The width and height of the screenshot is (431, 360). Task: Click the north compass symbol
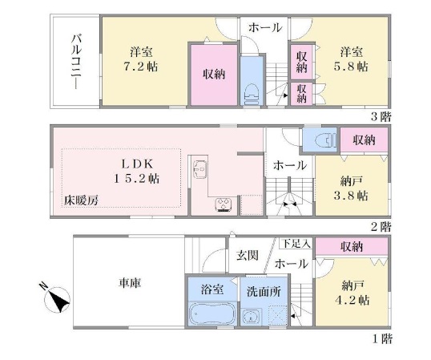[58, 298]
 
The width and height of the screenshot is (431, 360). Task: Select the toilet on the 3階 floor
[252, 94]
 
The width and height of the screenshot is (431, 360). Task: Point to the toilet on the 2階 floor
[326, 140]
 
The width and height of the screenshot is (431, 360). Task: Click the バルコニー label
[76, 62]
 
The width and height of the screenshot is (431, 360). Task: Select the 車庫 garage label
[130, 283]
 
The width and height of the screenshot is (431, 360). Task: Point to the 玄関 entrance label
[248, 256]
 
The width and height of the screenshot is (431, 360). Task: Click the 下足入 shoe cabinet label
[296, 244]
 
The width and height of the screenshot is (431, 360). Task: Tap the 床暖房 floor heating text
[81, 200]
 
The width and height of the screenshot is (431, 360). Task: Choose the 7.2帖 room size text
[141, 67]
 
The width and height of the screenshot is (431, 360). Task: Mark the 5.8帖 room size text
[351, 67]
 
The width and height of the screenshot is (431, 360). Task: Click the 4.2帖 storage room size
[352, 300]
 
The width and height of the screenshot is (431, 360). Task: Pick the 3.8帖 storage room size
[351, 196]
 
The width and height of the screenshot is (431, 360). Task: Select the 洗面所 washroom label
[264, 292]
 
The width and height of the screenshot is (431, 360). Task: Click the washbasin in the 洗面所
[251, 317]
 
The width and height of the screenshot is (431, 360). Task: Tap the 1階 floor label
[382, 339]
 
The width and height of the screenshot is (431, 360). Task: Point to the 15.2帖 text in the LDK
[137, 179]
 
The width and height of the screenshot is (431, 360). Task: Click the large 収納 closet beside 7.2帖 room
[214, 75]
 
